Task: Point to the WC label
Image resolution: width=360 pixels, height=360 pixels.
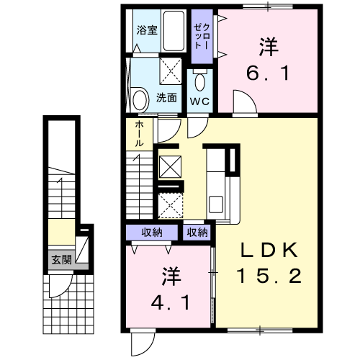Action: click(199, 101)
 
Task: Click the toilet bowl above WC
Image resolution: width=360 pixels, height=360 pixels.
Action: click(199, 78)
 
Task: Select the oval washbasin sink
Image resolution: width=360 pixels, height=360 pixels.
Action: click(140, 98)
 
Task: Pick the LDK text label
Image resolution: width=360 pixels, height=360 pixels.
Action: click(269, 250)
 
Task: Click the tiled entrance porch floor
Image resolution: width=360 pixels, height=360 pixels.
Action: click(69, 302)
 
